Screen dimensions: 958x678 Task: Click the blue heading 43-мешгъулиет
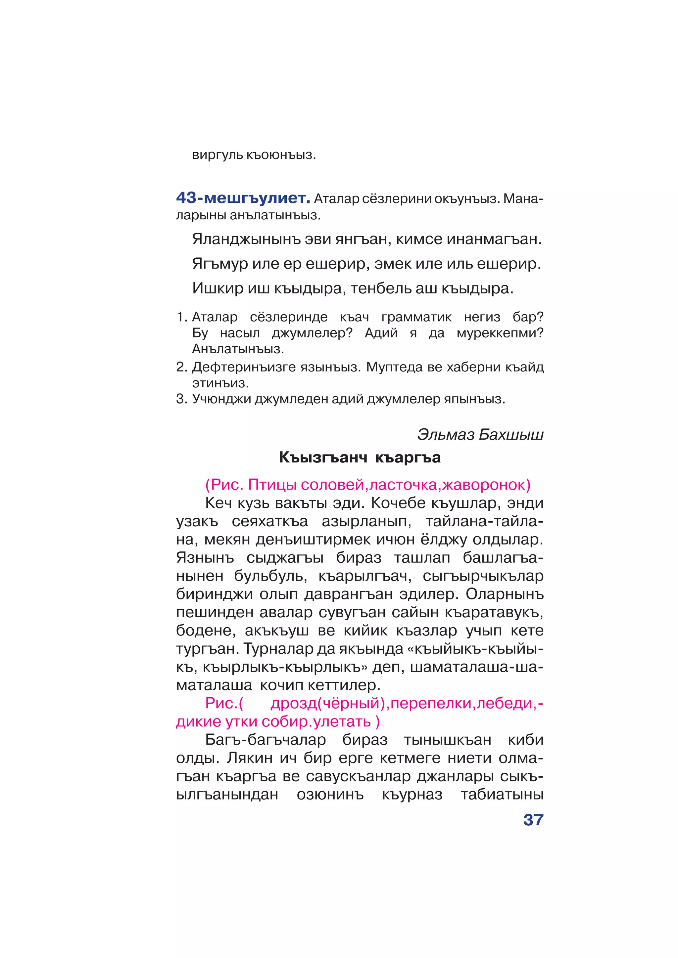243,198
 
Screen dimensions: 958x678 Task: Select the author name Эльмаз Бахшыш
480,435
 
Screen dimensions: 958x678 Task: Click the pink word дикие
198,722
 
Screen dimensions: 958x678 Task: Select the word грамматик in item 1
416,317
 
